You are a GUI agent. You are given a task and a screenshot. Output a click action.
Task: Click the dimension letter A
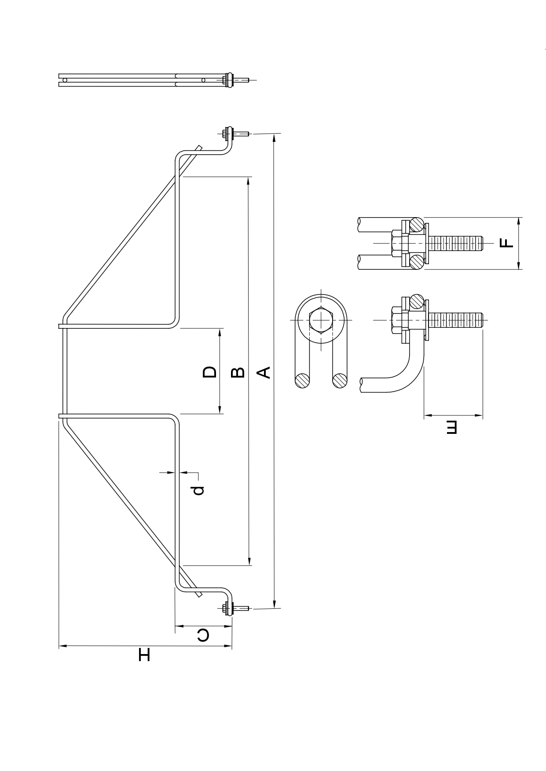tap(264, 372)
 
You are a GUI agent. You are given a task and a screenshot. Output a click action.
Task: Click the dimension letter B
tap(238, 372)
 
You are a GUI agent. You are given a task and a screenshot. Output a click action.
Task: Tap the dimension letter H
tap(144, 654)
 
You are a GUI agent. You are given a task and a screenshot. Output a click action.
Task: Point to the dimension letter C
tap(203, 635)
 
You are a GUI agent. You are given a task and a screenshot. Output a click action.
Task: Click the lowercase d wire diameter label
tap(198, 490)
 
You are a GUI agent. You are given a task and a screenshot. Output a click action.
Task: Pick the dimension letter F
tap(507, 243)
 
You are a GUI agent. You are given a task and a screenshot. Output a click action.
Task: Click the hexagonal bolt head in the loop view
tap(322, 320)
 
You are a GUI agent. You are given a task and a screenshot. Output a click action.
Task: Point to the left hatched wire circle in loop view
tap(302, 380)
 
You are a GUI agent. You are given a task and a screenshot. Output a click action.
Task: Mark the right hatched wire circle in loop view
tap(340, 380)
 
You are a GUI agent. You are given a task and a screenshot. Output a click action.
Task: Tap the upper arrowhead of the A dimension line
tap(274, 138)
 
